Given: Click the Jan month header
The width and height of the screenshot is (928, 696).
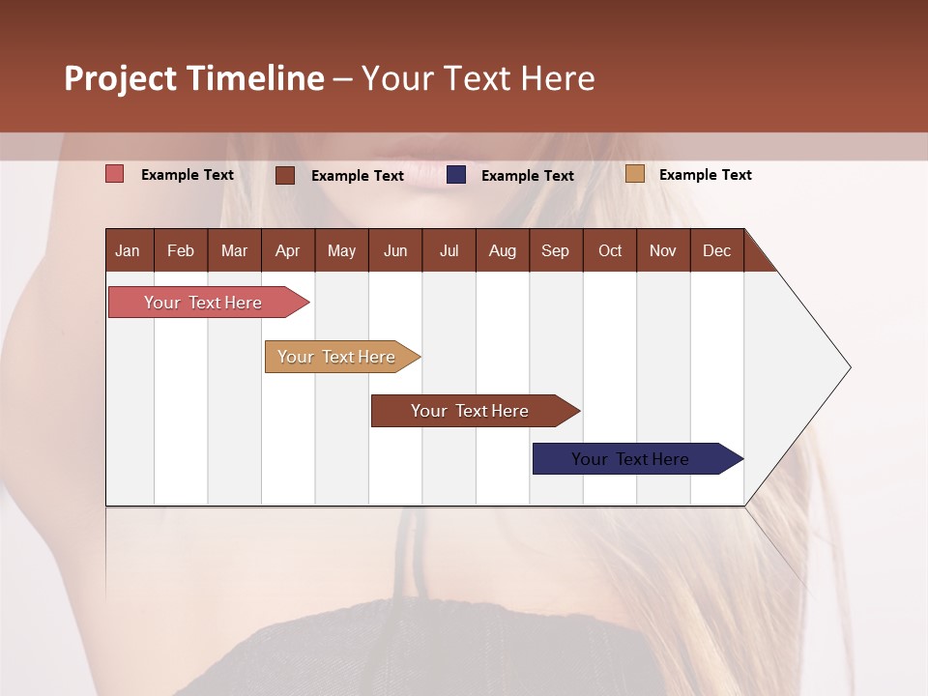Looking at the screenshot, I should [x=129, y=250].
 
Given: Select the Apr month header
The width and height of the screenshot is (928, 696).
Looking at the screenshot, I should [x=287, y=250].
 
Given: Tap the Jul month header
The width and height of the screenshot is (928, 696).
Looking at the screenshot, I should [x=449, y=250].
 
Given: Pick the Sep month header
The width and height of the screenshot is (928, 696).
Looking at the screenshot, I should [x=555, y=250].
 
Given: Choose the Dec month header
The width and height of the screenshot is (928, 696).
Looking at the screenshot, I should [x=716, y=250].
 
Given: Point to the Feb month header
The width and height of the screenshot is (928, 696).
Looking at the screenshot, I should [x=181, y=250].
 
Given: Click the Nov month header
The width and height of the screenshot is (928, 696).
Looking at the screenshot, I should [x=662, y=250].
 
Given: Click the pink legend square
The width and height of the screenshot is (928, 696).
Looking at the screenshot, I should [x=115, y=174].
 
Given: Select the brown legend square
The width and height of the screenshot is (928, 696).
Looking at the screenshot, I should [x=285, y=175].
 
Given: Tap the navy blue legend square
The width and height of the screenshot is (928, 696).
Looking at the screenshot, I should [x=456, y=175].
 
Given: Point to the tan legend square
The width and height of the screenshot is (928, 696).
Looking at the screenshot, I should [x=634, y=174].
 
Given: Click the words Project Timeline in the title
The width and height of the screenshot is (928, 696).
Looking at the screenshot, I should [x=194, y=78].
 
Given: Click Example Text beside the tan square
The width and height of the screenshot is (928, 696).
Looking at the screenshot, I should [x=705, y=175].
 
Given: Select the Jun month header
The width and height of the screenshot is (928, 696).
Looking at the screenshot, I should [x=395, y=250].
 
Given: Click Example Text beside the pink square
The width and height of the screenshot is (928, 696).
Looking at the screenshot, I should [x=188, y=175].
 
